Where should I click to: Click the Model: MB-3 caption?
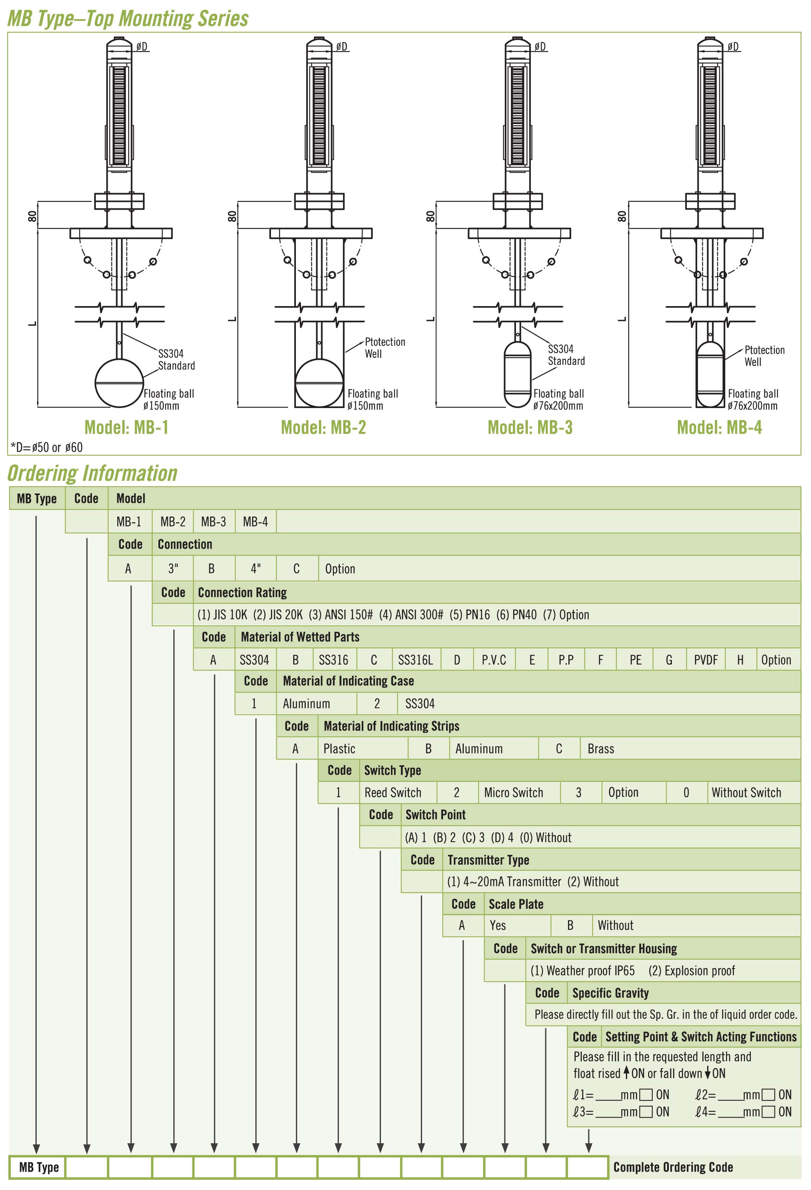tap(530, 427)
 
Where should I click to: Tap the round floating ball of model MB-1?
tap(119, 383)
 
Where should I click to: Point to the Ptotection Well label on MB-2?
tap(384, 347)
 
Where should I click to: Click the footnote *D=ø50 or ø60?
tap(46, 447)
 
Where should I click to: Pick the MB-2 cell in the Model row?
tap(172, 521)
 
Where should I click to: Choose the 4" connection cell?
tap(256, 569)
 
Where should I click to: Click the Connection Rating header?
tap(242, 592)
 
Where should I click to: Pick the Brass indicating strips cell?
tap(601, 749)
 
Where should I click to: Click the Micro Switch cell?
tap(513, 793)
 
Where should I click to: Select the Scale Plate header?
tap(515, 904)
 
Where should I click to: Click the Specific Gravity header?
tap(610, 993)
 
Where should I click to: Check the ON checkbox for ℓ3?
tap(647, 1112)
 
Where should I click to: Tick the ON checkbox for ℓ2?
tap(768, 1095)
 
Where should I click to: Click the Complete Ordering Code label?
tap(673, 1167)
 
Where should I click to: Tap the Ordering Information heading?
tap(93, 473)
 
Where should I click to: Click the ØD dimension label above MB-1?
tap(142, 47)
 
